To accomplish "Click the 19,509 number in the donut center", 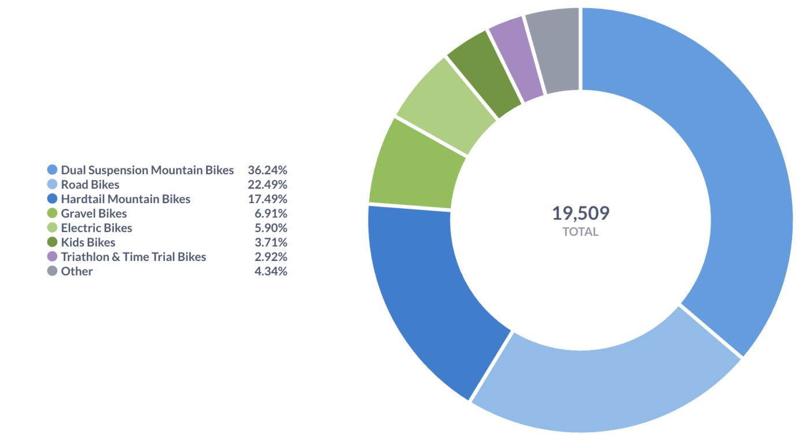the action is click(x=581, y=213).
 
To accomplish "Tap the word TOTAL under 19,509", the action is click(x=581, y=232).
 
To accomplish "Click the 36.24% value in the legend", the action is click(x=267, y=170).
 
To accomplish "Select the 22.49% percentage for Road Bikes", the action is click(x=267, y=185).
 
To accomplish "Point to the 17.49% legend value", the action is click(x=267, y=199).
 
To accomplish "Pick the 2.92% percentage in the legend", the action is click(x=271, y=257).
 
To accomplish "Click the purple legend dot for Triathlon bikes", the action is click(x=53, y=256).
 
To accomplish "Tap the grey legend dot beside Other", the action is click(x=53, y=271).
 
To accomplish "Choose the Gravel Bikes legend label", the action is click(x=94, y=213).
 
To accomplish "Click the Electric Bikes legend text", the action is click(x=97, y=228).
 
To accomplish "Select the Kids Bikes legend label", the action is click(x=88, y=242).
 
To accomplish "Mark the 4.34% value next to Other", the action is click(x=271, y=271).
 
